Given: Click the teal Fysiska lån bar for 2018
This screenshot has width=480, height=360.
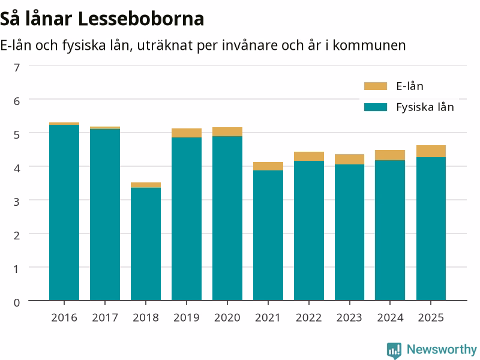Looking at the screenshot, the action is [x=146, y=244].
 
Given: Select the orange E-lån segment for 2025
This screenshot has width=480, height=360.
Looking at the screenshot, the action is [x=431, y=151].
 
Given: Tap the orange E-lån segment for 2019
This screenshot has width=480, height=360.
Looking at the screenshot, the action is [x=187, y=133].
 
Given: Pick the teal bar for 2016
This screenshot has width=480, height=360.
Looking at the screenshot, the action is [x=64, y=212].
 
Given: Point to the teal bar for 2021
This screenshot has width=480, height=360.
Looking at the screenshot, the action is [x=268, y=235].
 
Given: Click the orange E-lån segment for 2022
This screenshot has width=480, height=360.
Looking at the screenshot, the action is [x=309, y=157].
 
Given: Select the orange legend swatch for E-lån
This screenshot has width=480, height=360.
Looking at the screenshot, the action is [x=376, y=86].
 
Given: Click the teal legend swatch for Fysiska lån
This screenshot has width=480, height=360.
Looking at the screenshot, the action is [x=376, y=107].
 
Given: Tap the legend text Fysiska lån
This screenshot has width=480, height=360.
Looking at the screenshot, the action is [x=425, y=107].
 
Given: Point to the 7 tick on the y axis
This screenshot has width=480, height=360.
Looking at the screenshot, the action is [x=17, y=67].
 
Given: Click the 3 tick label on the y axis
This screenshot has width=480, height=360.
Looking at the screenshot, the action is [x=17, y=202].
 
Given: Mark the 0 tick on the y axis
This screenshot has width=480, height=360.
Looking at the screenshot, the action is [x=17, y=302].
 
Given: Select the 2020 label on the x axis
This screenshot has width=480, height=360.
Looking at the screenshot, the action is [x=227, y=318].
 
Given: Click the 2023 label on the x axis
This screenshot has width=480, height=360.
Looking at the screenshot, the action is [x=349, y=318].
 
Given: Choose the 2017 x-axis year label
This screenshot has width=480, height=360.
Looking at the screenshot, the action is [x=105, y=318].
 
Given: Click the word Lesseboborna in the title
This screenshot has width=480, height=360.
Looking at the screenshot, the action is [x=141, y=19].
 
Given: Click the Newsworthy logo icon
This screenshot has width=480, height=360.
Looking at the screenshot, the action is [x=394, y=350].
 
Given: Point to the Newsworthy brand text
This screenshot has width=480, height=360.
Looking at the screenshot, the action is [x=442, y=349].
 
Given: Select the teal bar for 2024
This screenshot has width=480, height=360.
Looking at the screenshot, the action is [x=390, y=230].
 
